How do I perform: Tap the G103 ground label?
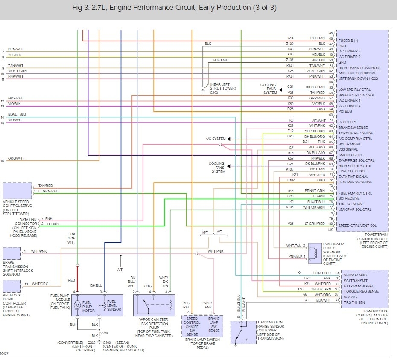click(214, 93)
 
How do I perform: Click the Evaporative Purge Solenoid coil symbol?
click(315, 251)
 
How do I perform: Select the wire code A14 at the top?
click(290, 38)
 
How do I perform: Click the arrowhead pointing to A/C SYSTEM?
click(229, 139)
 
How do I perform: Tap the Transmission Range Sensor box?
click(241, 332)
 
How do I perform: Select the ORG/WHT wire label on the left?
click(16, 158)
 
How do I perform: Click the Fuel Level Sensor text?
click(112, 305)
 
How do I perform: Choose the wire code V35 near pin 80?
click(290, 223)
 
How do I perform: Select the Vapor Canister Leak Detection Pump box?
click(153, 305)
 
